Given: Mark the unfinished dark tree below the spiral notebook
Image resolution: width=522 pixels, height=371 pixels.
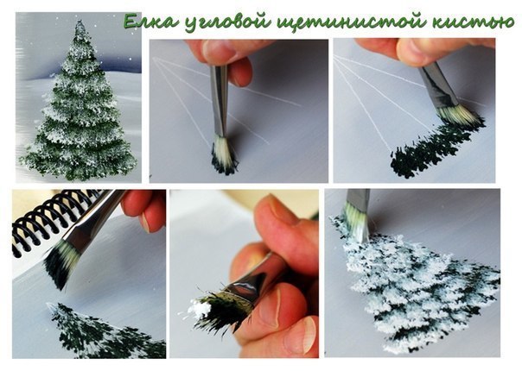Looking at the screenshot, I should (99, 336).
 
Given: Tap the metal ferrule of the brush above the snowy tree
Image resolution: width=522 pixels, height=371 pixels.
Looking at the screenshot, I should (358, 201).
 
